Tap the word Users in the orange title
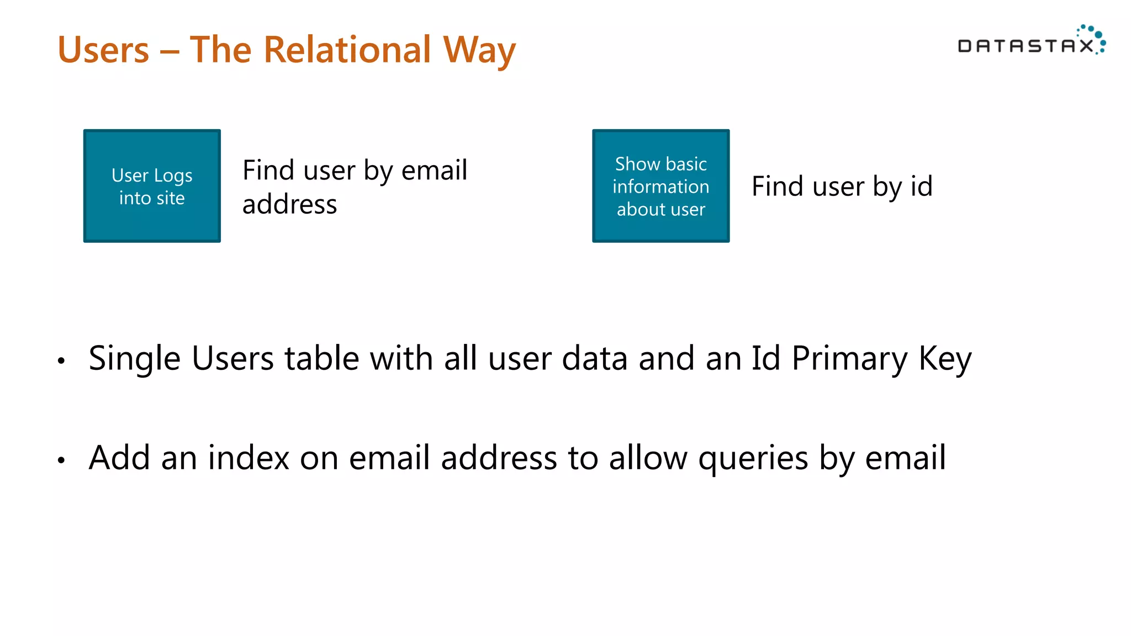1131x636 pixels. [103, 50]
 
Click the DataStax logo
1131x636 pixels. [1031, 41]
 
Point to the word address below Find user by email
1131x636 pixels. [289, 204]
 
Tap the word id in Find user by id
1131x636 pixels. [921, 186]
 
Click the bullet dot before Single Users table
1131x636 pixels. [61, 361]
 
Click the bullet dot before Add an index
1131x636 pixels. [61, 460]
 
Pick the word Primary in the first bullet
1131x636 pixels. [849, 359]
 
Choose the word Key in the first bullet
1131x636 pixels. [945, 359]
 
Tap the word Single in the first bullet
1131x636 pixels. [134, 359]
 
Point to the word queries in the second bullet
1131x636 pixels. [753, 459]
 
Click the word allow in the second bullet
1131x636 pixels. [648, 458]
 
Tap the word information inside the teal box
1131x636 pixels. [660, 187]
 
